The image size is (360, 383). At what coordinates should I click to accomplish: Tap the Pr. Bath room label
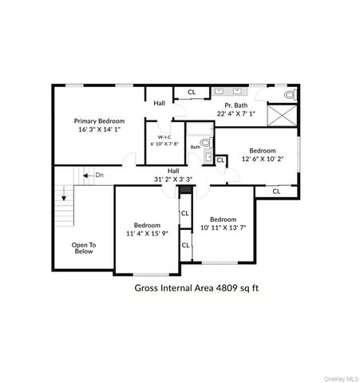click(235, 105)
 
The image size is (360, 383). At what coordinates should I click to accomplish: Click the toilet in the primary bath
click(290, 94)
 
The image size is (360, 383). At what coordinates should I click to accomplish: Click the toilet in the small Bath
click(205, 143)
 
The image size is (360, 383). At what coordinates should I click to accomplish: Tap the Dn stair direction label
click(99, 174)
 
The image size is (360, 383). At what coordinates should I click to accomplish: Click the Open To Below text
click(83, 248)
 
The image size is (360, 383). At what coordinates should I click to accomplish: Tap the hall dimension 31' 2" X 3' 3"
click(173, 180)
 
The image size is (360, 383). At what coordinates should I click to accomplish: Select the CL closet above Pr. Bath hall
click(192, 93)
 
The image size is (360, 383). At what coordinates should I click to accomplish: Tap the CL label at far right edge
click(277, 191)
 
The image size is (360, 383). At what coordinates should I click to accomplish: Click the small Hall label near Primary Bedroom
click(160, 103)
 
